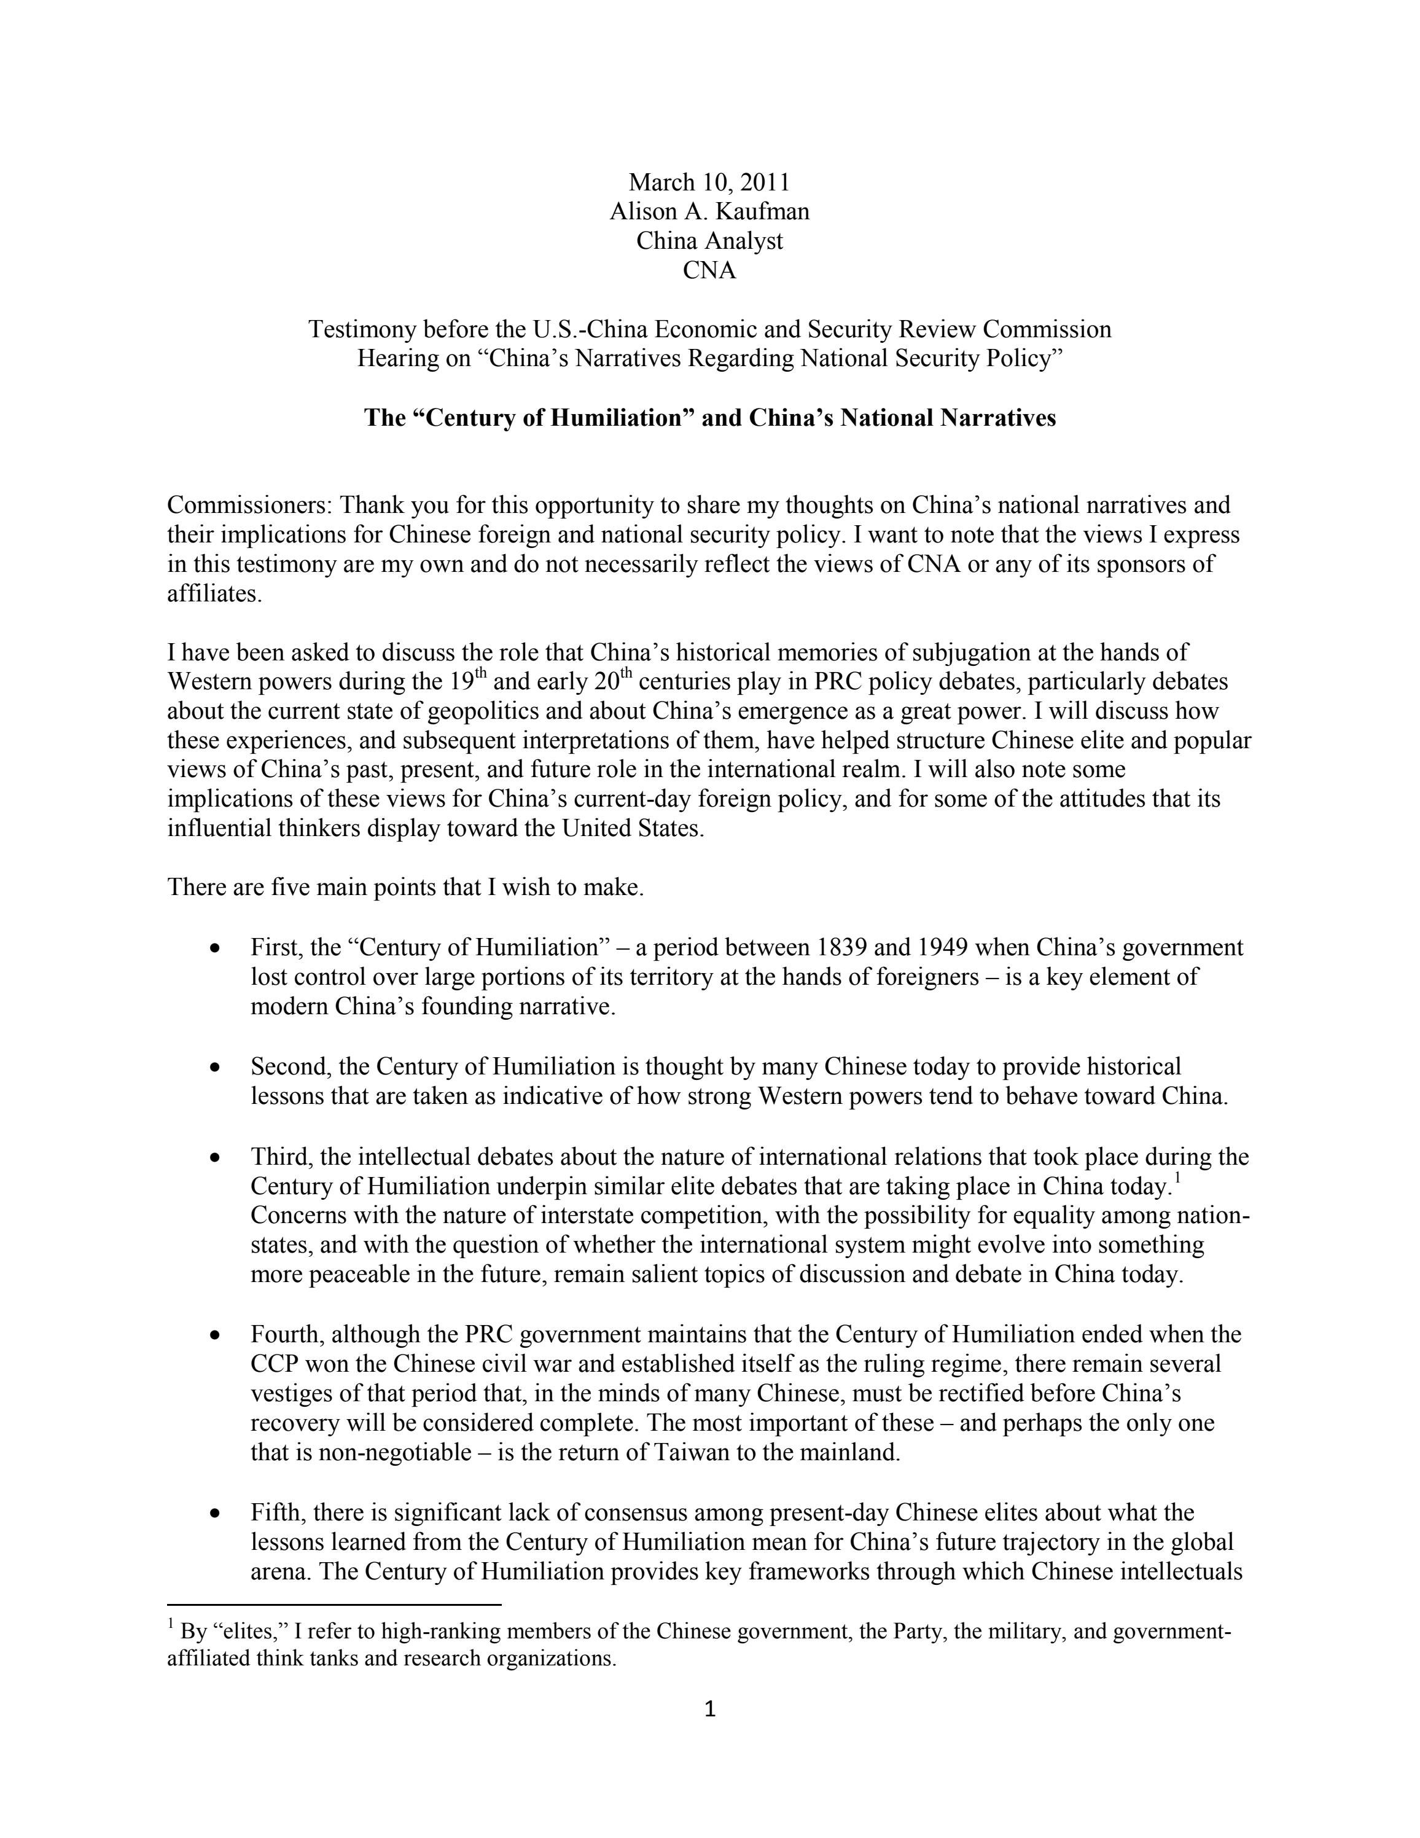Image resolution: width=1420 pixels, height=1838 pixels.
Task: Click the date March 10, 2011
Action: point(709,182)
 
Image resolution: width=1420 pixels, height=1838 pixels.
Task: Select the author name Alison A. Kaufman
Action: point(709,211)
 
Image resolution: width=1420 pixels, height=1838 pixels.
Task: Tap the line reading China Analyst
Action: point(709,241)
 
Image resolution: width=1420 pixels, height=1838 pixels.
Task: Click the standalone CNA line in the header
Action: point(709,270)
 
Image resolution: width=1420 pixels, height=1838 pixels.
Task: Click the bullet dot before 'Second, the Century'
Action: point(216,1067)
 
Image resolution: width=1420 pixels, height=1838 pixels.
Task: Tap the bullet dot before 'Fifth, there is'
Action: point(216,1513)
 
